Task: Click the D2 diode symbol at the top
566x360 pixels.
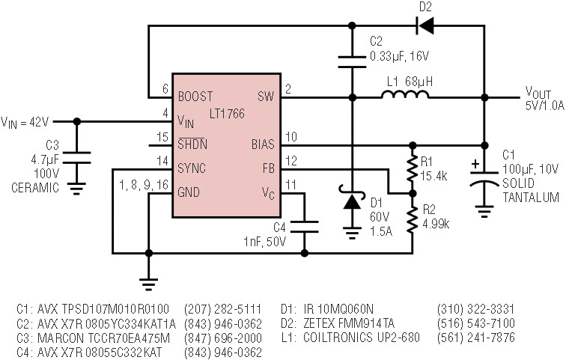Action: pos(426,26)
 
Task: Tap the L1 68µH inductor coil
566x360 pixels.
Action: pos(405,95)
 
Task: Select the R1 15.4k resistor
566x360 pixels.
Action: pos(412,171)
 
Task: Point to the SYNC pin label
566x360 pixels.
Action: pos(192,168)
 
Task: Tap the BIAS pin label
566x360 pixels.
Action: pos(263,144)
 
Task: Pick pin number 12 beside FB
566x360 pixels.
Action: pos(291,159)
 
